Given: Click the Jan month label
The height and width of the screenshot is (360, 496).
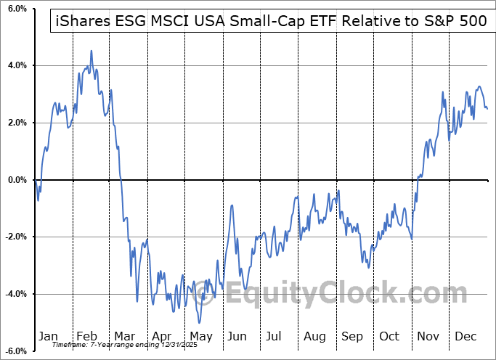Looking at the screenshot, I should point(48,336).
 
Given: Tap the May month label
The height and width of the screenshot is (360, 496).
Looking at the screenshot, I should point(201,336).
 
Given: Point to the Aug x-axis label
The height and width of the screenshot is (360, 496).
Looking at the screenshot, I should point(314,336).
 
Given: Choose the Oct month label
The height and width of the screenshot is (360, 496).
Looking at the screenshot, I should point(389,336).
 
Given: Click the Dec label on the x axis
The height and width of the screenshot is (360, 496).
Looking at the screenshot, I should point(465,336).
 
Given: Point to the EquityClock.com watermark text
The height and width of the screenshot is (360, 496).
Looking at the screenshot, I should point(336,293).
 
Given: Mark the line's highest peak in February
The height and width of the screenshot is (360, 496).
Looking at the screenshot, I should point(91,51).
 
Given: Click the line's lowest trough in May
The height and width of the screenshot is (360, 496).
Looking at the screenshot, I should point(199,322).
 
